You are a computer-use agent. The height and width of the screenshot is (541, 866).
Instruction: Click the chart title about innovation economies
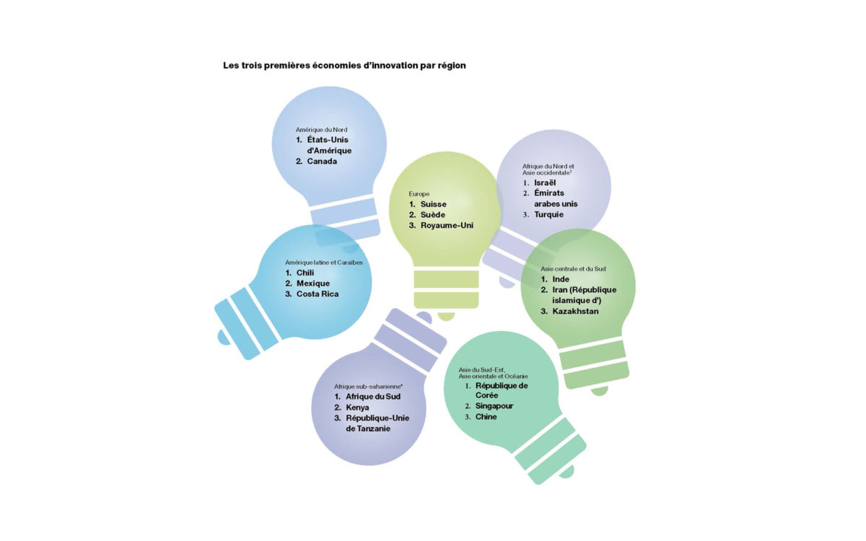(344, 66)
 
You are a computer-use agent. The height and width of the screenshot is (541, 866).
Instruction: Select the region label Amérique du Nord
(321, 130)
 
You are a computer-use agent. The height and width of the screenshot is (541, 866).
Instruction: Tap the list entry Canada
(322, 161)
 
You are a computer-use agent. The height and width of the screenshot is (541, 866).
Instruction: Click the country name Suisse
(434, 204)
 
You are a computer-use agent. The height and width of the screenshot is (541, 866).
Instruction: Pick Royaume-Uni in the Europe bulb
(447, 225)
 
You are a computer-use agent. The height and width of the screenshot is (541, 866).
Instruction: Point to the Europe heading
(419, 193)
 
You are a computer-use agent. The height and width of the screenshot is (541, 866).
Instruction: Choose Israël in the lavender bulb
(545, 182)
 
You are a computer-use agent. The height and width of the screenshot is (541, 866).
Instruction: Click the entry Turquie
(548, 214)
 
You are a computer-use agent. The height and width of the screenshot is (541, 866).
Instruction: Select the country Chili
(305, 273)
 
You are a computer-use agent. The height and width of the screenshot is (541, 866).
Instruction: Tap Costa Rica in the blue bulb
(318, 294)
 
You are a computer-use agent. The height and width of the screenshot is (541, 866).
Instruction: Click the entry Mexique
(313, 283)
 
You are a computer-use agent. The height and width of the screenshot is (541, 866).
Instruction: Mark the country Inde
(561, 279)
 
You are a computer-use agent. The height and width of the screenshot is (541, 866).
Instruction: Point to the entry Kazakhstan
(575, 311)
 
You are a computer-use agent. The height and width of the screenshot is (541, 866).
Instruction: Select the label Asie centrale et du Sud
(573, 268)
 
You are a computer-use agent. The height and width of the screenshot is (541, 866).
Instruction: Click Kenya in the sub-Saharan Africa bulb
(357, 408)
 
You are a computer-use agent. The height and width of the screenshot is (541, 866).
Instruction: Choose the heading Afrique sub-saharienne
(369, 387)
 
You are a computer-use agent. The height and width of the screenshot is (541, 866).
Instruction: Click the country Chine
(486, 417)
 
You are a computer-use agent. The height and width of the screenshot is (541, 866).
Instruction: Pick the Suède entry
(432, 214)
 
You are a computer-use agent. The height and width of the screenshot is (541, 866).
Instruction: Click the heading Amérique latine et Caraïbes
(324, 263)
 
